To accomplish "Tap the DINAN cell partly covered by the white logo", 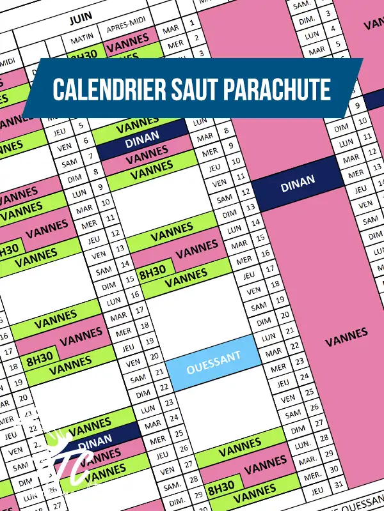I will [x=94, y=441].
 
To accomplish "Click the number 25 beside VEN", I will [x=308, y=392].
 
